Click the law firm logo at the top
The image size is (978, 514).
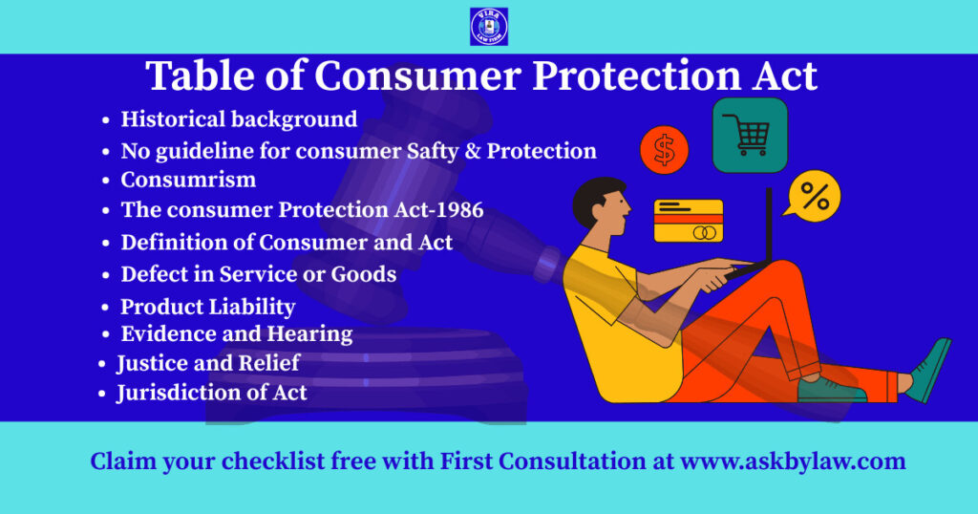489,27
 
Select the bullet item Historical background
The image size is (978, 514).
239,119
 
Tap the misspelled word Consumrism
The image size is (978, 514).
188,180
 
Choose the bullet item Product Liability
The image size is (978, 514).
207,307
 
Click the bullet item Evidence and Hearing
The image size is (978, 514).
236,334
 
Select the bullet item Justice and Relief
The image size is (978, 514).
208,363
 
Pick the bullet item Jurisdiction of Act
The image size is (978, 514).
212,392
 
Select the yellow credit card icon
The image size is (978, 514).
688,221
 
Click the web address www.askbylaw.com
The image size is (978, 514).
793,461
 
